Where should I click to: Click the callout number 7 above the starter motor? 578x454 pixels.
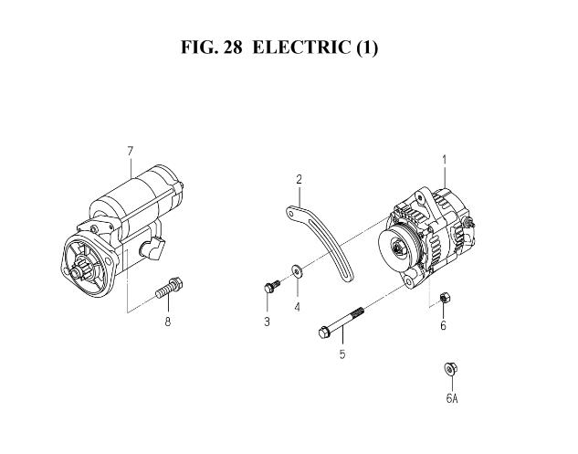click(x=130, y=152)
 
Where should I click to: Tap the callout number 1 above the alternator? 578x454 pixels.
click(x=445, y=160)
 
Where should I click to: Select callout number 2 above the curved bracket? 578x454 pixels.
click(x=299, y=180)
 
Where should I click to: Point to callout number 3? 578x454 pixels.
click(x=267, y=322)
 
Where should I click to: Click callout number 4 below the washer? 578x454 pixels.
click(x=298, y=307)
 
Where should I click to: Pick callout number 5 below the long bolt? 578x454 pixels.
click(x=342, y=354)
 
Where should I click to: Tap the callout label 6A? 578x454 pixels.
click(x=452, y=398)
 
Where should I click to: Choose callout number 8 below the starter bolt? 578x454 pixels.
click(x=168, y=322)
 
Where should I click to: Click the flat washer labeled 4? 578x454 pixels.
click(x=297, y=271)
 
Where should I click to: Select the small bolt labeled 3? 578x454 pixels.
click(x=272, y=286)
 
